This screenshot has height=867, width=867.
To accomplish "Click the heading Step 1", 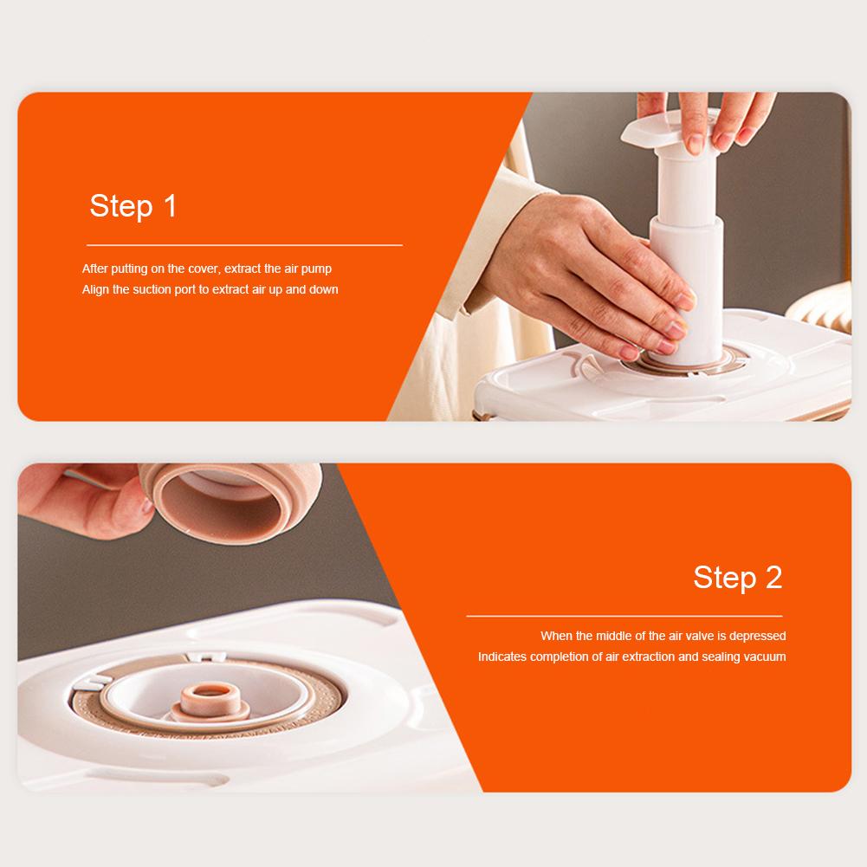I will point(133,206).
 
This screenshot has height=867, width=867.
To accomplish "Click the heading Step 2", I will point(737,577).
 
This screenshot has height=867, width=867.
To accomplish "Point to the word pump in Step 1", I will point(317,269).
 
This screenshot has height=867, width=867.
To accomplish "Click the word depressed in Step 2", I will point(755,636).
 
